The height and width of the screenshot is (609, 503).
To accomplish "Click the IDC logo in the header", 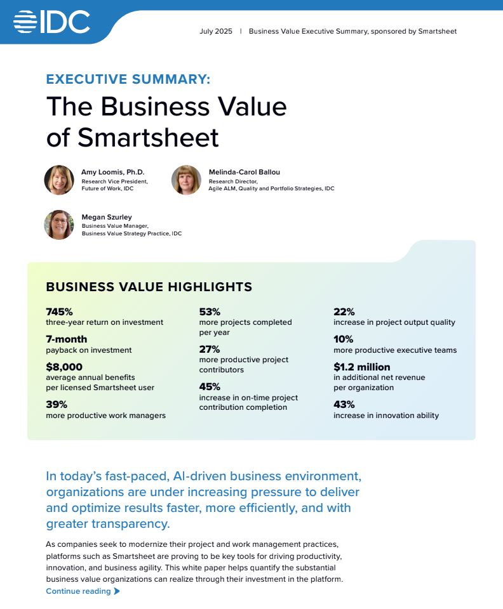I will click(51, 22).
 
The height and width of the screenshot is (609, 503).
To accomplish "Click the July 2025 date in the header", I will click(216, 31).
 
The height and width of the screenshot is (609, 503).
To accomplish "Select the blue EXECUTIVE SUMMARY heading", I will click(128, 79).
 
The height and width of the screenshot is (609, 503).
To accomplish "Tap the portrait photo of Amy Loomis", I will click(59, 180).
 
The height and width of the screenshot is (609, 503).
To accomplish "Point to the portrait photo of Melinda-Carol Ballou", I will click(186, 180).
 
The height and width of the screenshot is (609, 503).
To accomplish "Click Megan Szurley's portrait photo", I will click(59, 225).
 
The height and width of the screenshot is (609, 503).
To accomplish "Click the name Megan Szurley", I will click(107, 217).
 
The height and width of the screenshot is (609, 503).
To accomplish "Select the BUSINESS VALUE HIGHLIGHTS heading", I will click(149, 287).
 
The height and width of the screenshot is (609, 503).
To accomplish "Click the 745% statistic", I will click(60, 311).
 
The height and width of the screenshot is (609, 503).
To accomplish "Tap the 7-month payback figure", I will click(67, 339).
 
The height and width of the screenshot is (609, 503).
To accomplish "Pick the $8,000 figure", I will click(64, 367).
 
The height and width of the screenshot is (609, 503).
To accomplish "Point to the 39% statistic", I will click(57, 404).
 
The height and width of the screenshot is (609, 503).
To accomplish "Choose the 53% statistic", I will click(210, 311).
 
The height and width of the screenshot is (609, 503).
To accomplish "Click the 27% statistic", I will click(210, 349).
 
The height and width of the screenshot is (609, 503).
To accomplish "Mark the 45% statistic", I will click(210, 386).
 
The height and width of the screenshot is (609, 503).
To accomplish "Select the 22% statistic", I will click(344, 311).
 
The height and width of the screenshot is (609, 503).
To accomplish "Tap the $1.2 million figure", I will click(362, 367).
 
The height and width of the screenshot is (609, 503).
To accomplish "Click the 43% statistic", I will click(344, 404).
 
